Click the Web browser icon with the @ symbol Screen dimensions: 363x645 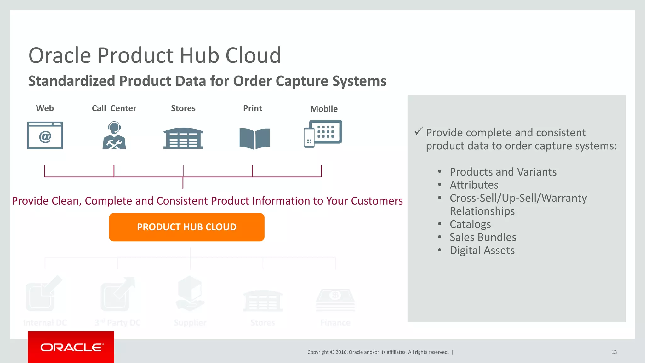click(45, 135)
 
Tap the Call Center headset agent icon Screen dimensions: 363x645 click(114, 135)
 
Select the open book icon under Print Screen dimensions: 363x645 click(254, 138)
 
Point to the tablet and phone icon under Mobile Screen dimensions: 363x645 click(323, 133)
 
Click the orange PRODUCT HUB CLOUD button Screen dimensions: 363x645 click(186, 227)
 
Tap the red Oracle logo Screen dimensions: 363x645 click(71, 347)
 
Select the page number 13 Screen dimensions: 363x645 click(614, 352)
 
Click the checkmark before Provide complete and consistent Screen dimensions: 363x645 click(418, 131)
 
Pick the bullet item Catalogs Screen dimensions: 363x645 click(470, 224)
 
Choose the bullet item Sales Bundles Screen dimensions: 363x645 click(483, 237)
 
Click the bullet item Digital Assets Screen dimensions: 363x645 click(482, 251)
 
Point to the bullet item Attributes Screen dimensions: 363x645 click(474, 185)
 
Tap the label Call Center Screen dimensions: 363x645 click(114, 108)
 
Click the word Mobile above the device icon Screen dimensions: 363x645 click(324, 109)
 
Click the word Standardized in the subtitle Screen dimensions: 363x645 click(71, 81)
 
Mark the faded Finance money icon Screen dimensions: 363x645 click(335, 300)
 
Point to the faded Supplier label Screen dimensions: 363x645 click(190, 323)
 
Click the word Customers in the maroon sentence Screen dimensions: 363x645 click(377, 201)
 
